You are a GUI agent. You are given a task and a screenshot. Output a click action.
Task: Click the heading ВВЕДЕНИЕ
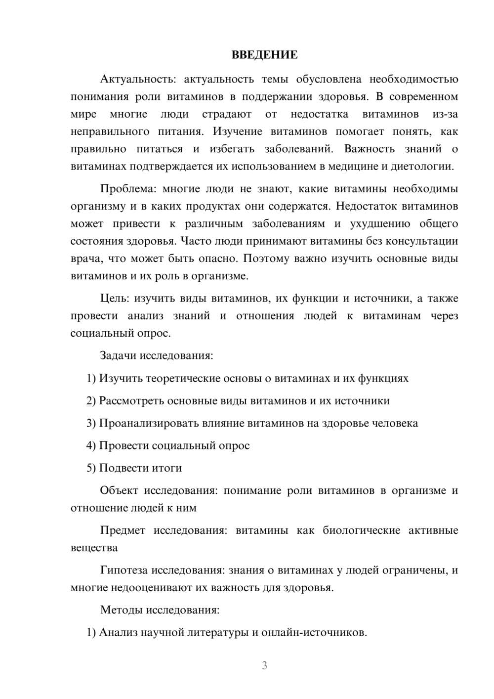[x=264, y=55]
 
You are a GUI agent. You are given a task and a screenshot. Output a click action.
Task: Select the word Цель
[x=114, y=298]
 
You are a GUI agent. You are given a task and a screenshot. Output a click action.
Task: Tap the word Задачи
[x=119, y=355]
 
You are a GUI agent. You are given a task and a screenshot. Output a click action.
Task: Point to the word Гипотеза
[x=123, y=570]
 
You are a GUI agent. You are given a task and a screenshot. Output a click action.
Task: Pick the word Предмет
[x=123, y=530]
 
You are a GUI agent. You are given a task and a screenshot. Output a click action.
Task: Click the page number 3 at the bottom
[x=264, y=665]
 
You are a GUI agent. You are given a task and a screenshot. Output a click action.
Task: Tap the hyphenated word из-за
[x=445, y=114]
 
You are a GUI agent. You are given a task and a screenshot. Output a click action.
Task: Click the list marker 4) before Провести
[x=91, y=445]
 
